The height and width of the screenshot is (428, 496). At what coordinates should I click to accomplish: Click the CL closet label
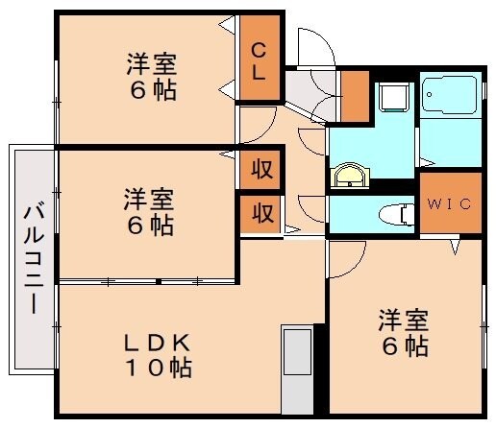coord(260,59)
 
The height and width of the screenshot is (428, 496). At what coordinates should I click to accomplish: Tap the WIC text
coord(448,203)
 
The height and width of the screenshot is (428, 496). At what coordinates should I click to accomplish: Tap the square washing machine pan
coord(393,97)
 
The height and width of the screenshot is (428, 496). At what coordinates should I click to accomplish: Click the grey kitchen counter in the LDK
coord(296,370)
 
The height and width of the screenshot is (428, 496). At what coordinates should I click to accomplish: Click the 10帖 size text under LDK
coord(161,368)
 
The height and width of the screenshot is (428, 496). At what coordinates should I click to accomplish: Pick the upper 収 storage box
coord(260,170)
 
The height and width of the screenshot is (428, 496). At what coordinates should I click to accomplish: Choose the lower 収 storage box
coord(260,212)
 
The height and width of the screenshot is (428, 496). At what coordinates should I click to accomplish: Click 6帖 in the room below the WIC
coord(404,345)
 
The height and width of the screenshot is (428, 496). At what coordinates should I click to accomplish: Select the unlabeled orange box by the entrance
coord(355,94)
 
